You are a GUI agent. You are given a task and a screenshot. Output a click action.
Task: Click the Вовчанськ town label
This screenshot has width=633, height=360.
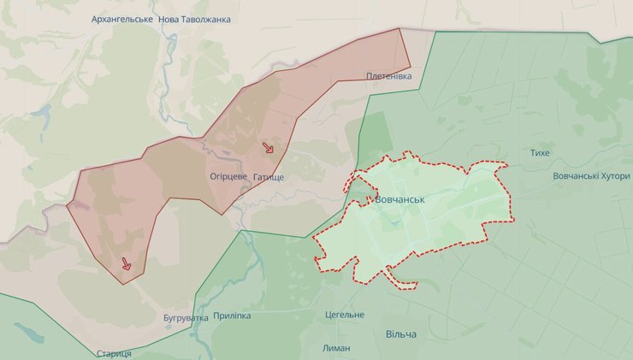(x=400, y=198)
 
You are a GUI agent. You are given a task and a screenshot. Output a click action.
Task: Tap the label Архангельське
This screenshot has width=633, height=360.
(x=122, y=19)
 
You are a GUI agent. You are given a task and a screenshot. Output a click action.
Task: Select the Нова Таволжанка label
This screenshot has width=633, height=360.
(x=194, y=19)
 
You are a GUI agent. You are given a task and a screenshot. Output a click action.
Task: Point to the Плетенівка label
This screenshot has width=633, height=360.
(x=389, y=77)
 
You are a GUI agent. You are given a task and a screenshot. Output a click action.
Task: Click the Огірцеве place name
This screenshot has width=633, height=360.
(x=228, y=176)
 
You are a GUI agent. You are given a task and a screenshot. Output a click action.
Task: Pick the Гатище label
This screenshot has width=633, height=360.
(x=268, y=176)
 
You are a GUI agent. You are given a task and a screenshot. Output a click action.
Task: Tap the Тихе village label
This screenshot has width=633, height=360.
(x=540, y=152)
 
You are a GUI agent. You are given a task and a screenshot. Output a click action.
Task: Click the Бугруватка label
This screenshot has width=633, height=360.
(x=186, y=318)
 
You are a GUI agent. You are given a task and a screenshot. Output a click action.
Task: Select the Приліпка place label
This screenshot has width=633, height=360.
(x=232, y=316)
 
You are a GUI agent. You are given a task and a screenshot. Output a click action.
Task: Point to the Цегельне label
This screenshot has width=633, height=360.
(x=345, y=315)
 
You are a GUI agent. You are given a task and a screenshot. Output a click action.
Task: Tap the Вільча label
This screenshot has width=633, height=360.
(x=401, y=333)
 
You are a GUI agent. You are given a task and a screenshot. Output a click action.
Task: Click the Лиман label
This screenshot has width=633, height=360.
(x=336, y=348)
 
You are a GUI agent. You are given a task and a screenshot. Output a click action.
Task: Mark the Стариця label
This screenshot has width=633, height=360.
(x=114, y=353)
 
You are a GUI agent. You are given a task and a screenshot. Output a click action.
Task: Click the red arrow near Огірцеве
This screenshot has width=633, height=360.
(x=268, y=148)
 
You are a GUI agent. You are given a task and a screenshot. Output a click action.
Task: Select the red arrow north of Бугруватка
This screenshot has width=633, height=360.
(x=127, y=264)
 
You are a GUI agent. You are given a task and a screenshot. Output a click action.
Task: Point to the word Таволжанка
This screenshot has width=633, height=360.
(x=205, y=19)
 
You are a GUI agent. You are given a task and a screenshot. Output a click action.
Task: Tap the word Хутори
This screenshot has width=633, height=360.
(x=612, y=176)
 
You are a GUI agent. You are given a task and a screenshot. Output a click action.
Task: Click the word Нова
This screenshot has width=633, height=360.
(x=169, y=19)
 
